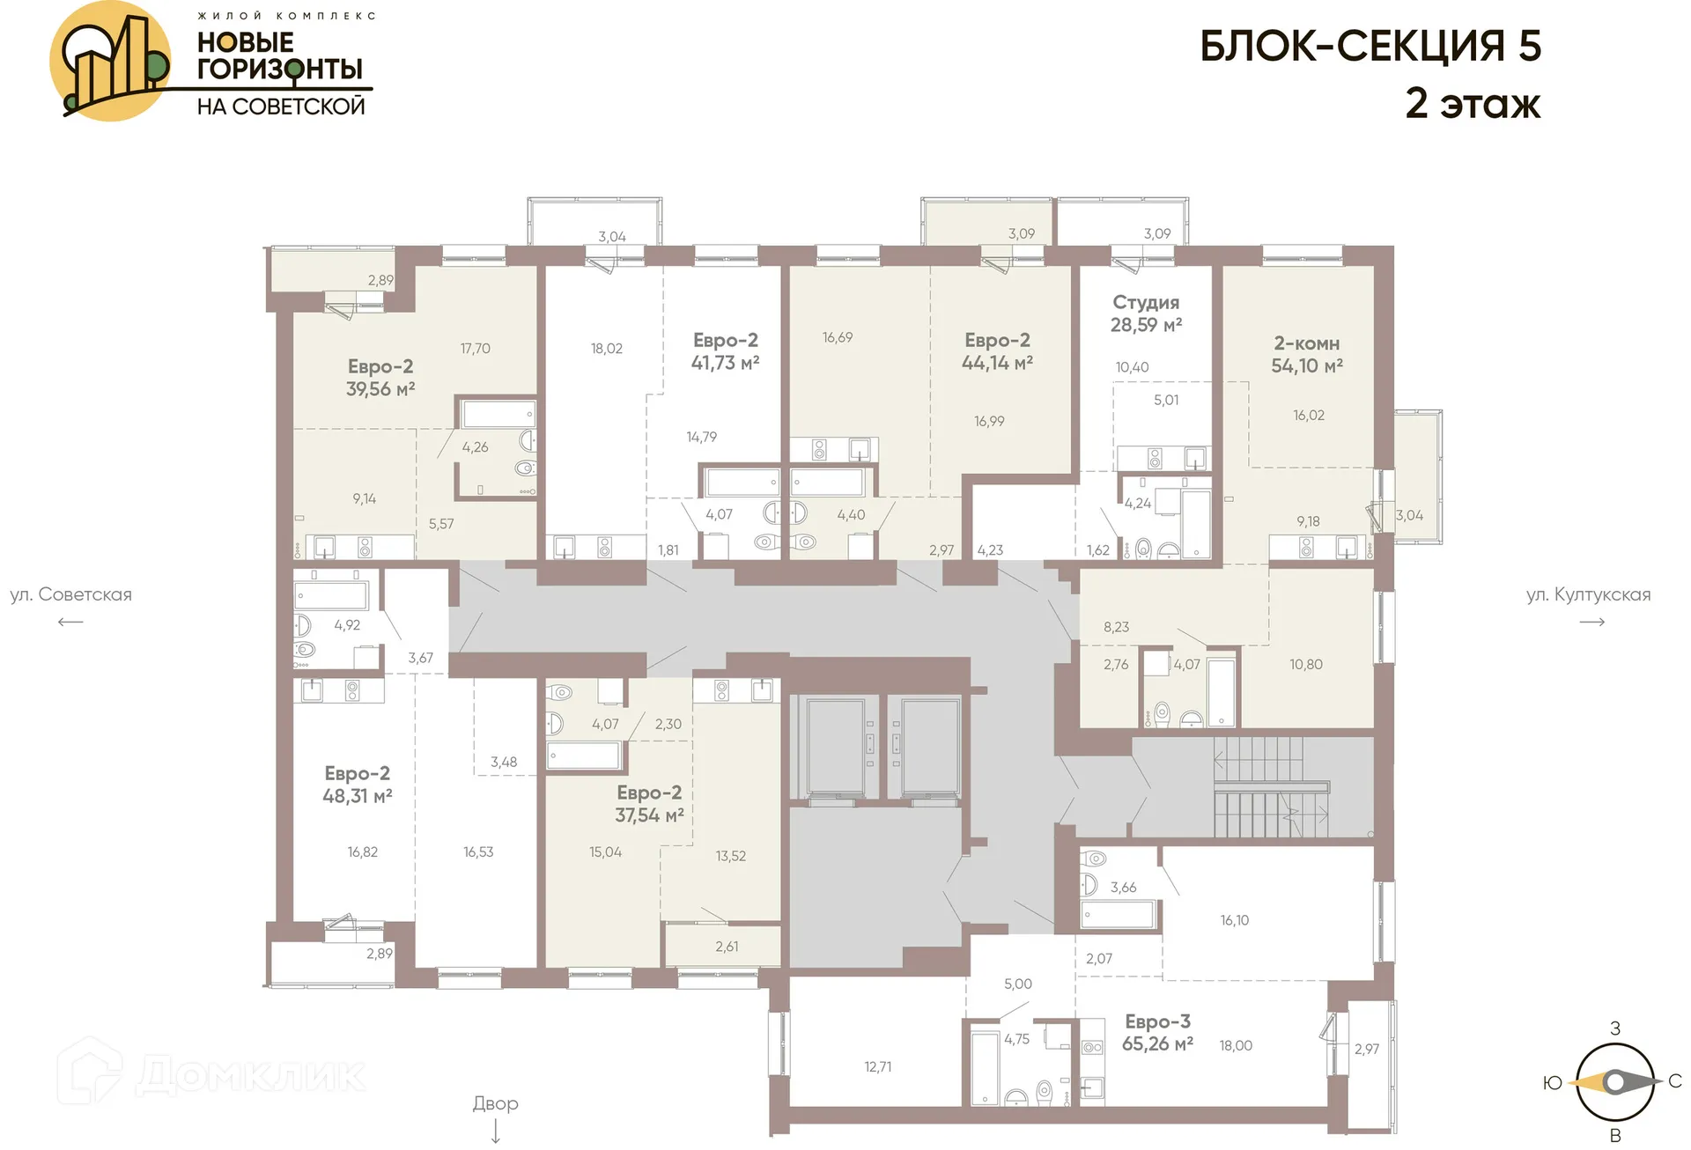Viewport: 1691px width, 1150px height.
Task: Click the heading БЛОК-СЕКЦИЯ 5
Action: pos(1370,47)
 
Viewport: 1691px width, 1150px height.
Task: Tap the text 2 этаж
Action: pos(1472,104)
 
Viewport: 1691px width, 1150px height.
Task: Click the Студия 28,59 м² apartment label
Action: pos(1146,313)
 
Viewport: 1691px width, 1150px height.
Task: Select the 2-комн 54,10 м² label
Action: pos(1306,354)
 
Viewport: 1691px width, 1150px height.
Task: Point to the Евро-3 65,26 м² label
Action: pos(1157,1032)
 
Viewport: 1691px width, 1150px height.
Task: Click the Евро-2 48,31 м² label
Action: pos(357,785)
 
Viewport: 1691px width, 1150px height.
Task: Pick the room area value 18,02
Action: pos(606,349)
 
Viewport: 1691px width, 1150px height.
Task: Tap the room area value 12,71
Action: pos(877,1066)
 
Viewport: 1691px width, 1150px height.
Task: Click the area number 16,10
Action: pos(1234,920)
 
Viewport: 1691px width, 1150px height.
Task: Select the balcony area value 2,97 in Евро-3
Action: pos(1366,1049)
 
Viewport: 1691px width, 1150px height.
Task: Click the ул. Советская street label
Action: pos(70,594)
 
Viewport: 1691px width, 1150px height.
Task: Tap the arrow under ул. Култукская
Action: pos(1591,622)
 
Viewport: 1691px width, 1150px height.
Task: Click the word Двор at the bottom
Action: pos(495,1103)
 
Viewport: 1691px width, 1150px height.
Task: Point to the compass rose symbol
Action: pos(1614,1081)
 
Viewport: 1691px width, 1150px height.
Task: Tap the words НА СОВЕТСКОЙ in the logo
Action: pos(280,107)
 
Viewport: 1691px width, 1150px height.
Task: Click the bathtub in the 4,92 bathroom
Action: pos(331,595)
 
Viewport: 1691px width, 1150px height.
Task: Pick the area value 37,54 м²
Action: pos(649,815)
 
